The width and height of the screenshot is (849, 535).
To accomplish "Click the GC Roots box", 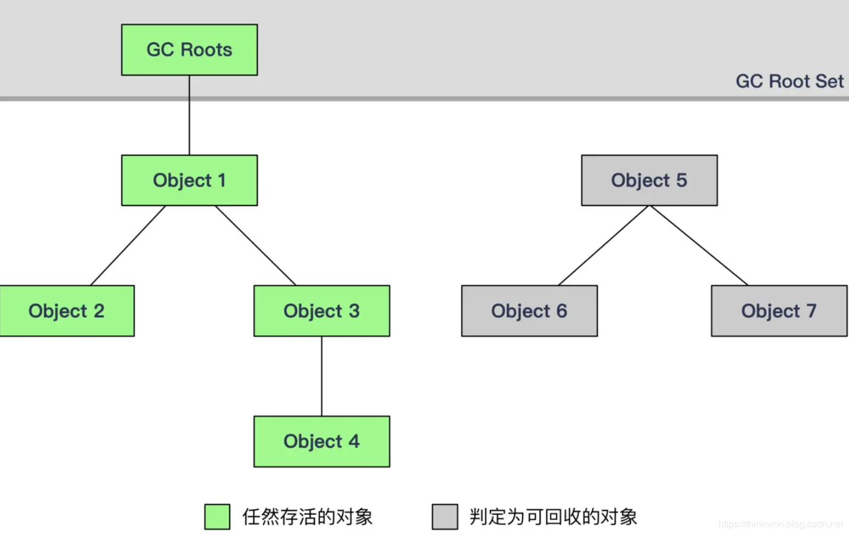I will click(189, 50).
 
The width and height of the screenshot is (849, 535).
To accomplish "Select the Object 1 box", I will click(189, 180).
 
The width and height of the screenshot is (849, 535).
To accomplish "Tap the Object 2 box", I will click(67, 310).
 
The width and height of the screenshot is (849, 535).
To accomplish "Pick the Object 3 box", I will click(322, 310).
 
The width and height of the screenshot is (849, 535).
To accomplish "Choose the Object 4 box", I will click(322, 441).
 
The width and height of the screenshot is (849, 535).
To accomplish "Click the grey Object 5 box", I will click(649, 180).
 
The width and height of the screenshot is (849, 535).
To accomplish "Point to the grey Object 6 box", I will click(529, 310).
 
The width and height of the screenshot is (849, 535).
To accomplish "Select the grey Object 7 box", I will click(779, 310).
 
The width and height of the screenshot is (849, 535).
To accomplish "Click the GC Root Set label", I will click(789, 81).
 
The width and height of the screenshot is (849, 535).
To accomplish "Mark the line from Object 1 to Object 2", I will click(128, 245).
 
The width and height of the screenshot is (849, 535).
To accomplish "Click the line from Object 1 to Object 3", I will click(255, 245).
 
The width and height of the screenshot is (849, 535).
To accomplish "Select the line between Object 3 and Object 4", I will click(322, 376).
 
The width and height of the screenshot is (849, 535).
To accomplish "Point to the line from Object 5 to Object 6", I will click(603, 245).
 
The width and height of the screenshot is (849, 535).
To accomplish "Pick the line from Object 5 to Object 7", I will click(699, 245).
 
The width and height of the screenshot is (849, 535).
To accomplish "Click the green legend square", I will click(217, 516).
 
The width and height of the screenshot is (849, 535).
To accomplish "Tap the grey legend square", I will click(445, 516).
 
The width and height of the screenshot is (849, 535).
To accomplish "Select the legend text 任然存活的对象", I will click(307, 516).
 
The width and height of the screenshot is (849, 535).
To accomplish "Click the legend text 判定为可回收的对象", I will click(553, 516).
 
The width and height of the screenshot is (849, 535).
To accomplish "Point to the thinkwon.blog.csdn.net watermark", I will click(780, 524).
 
